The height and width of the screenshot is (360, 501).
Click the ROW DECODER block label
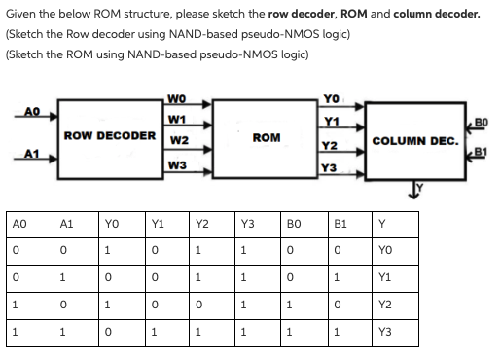[107, 135]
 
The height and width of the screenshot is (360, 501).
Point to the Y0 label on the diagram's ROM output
[333, 98]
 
